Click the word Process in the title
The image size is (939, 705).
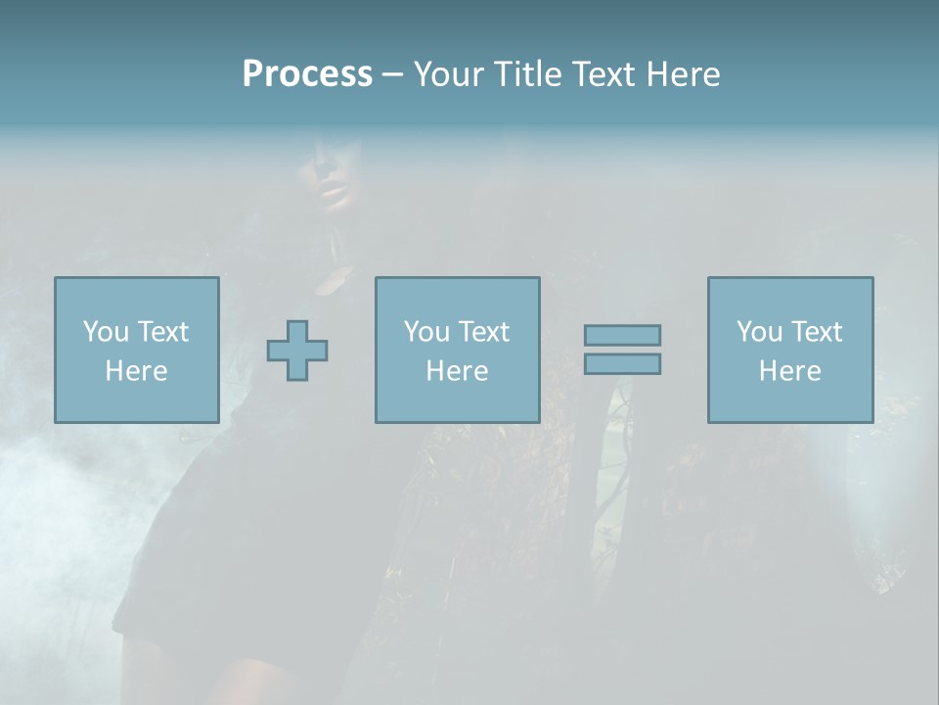point(307,74)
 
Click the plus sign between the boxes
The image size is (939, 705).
point(297,351)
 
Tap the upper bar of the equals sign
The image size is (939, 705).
point(622,335)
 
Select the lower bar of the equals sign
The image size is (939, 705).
point(622,363)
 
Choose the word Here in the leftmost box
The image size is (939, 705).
point(136,371)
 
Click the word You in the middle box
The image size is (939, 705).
point(425,332)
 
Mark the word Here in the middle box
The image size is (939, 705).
point(457,371)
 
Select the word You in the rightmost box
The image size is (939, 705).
point(758,332)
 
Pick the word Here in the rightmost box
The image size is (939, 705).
point(789,371)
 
